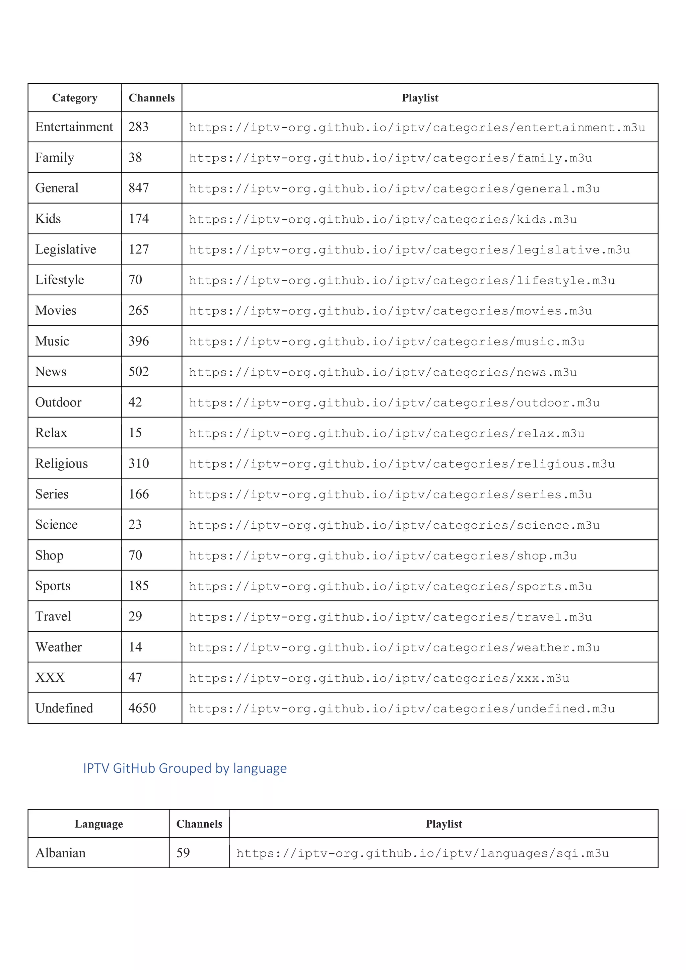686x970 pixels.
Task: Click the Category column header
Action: [74, 98]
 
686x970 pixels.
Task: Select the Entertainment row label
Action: [74, 127]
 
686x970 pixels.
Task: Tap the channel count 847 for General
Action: [139, 188]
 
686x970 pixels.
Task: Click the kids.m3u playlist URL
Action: [383, 219]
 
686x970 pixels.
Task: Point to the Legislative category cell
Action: [66, 249]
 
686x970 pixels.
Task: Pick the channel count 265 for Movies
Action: [139, 310]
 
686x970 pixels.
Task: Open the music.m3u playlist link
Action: [386, 342]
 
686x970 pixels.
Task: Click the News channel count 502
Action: [139, 372]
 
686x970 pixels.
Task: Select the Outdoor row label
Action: [58, 402]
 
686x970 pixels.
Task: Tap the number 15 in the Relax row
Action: [135, 433]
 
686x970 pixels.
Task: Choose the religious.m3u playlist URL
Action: [402, 464]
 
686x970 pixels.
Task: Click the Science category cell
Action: [56, 525]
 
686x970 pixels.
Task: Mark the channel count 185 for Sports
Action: [139, 586]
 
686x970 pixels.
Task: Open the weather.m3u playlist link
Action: [394, 648]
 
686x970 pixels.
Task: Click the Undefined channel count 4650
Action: [142, 708]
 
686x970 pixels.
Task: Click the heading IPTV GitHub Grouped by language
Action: [185, 768]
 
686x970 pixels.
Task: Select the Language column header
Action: [98, 824]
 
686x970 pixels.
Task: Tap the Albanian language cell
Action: [60, 853]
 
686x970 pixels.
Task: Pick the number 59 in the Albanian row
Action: [183, 853]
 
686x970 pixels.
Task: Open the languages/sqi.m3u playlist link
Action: [422, 853]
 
